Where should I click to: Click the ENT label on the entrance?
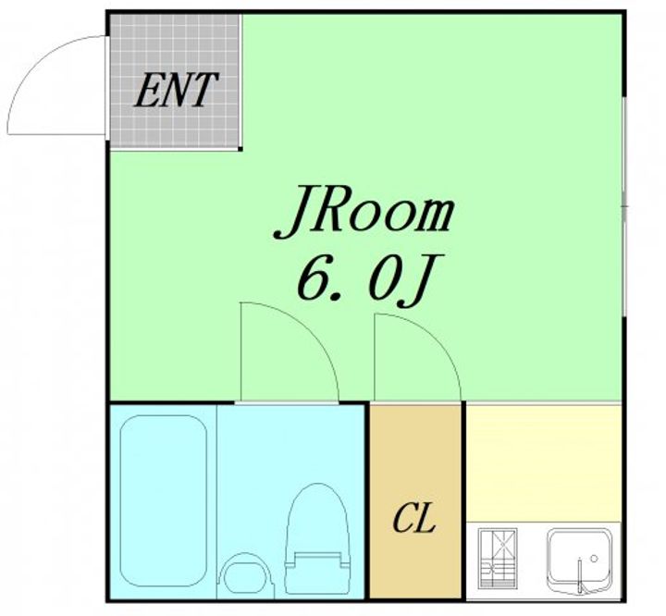(x=177, y=90)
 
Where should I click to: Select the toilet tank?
(x=317, y=573)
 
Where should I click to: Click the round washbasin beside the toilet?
(x=244, y=573)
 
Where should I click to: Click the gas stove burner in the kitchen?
(x=498, y=559)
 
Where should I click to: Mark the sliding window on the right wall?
(x=624, y=206)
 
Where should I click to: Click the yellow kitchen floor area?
(x=544, y=463)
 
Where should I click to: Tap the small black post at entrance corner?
(x=240, y=149)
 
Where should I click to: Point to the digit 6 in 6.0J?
(x=314, y=277)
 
